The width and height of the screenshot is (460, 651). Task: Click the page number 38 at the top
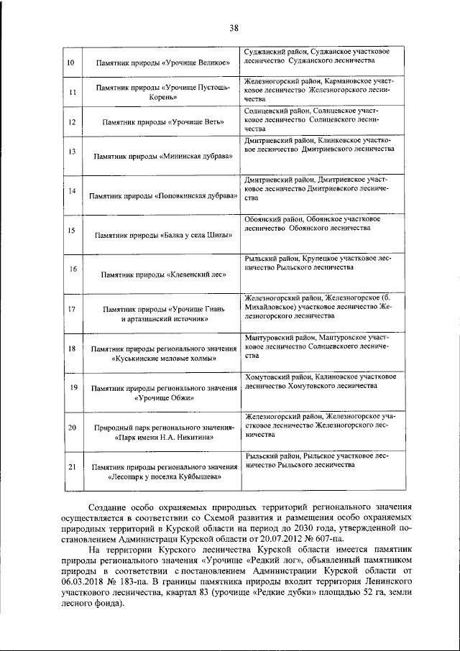pos(234,28)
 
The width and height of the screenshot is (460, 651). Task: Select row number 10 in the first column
pos(71,63)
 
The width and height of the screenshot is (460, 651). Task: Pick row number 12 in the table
pos(71,123)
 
